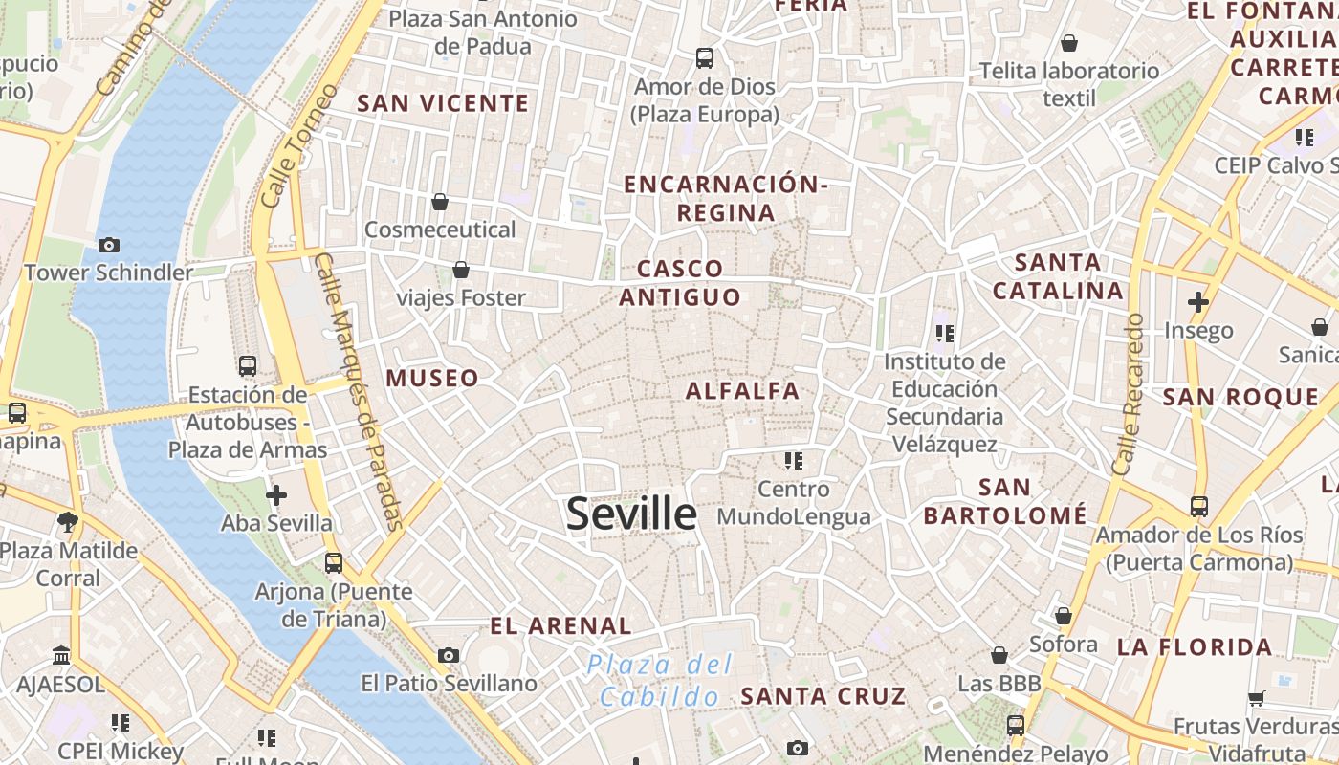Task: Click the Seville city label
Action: coord(631,514)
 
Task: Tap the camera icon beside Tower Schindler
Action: coord(109,245)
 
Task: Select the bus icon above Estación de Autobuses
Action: coord(247,365)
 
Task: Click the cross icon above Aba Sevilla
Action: coord(276,495)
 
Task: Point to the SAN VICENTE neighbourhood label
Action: coord(443,103)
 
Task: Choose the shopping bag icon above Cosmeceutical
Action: coord(440,202)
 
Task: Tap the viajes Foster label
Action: coord(461,298)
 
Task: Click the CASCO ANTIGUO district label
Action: coord(680,283)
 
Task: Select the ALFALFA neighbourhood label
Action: coord(742,390)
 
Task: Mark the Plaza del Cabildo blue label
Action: coord(660,680)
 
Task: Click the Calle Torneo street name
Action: coord(299,145)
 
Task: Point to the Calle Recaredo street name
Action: coord(1129,394)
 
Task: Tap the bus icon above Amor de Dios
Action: coord(705,57)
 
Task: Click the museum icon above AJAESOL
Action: coord(62,656)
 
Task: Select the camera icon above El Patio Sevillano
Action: coord(448,655)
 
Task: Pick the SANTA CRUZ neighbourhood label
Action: coord(823,695)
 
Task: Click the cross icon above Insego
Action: coord(1197,302)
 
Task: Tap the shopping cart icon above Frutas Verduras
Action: coord(1256,699)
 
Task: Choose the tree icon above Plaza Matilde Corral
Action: coord(67,522)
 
